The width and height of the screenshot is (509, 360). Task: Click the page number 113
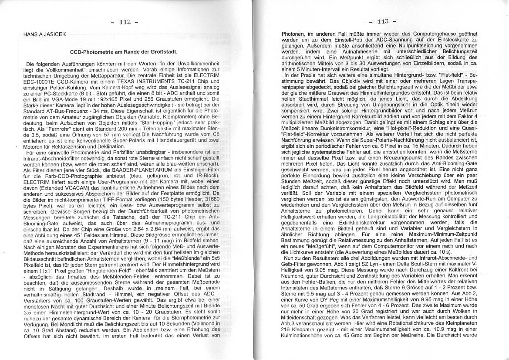coord(383,21)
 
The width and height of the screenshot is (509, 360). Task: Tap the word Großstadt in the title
coord(156,52)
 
